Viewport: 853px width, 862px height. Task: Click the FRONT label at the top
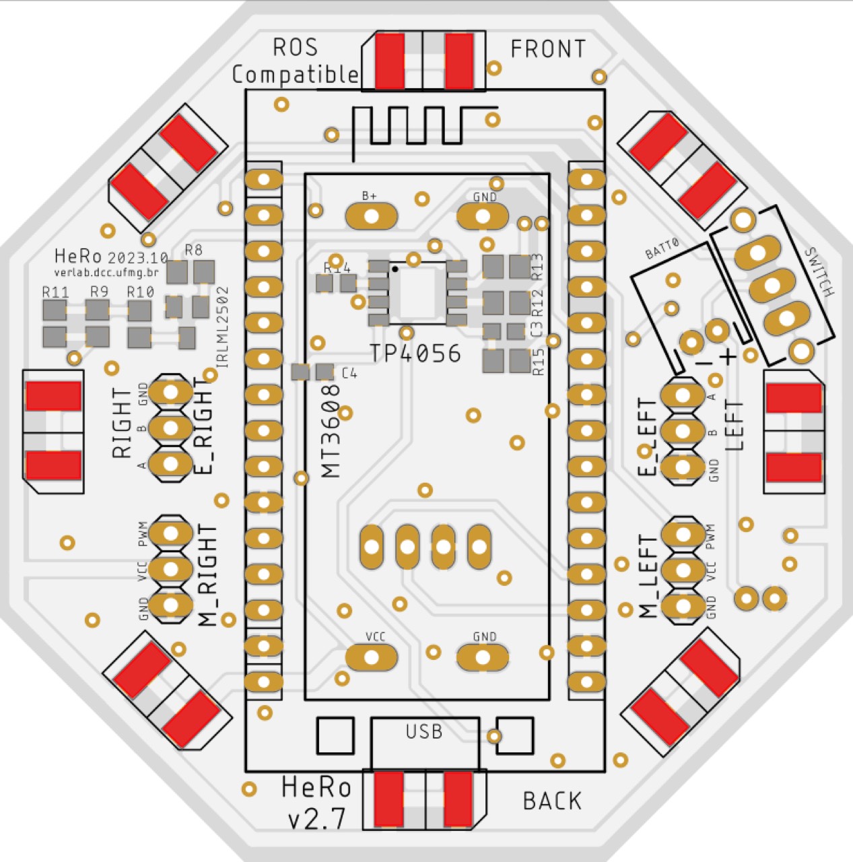click(x=548, y=48)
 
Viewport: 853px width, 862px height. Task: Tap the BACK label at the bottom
click(x=553, y=801)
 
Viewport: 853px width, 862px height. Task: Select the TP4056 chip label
click(x=415, y=354)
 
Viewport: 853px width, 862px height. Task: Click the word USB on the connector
click(x=424, y=732)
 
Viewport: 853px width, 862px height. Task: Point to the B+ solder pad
click(x=371, y=217)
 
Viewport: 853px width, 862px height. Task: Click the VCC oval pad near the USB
click(x=371, y=657)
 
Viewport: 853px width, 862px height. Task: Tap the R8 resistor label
click(x=193, y=250)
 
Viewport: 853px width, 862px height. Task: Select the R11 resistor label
click(x=55, y=292)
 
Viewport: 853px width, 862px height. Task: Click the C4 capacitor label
click(x=349, y=373)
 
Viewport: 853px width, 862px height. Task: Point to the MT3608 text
click(x=331, y=432)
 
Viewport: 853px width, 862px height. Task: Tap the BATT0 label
click(x=662, y=248)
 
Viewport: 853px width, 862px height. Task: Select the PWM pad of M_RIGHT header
click(x=170, y=533)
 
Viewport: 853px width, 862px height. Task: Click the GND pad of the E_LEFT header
click(x=683, y=467)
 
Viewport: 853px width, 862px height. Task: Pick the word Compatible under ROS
click(x=296, y=75)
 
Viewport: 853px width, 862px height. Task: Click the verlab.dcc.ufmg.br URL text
click(x=106, y=273)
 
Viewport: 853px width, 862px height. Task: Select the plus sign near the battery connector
click(x=728, y=356)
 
